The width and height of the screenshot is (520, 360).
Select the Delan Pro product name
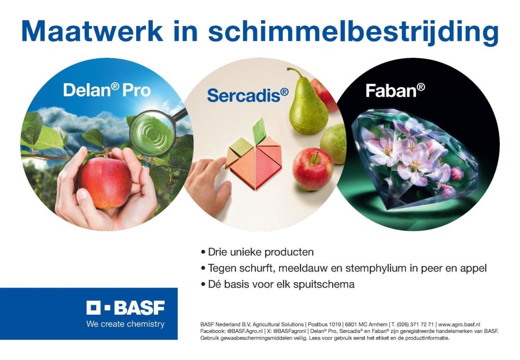click(x=107, y=90)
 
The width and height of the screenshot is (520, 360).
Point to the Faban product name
click(x=395, y=90)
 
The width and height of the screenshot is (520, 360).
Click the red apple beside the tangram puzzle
click(x=313, y=169)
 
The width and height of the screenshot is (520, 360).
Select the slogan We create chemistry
click(x=125, y=324)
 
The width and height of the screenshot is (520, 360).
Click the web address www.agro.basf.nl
click(x=459, y=324)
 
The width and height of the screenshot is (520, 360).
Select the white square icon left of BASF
click(x=94, y=308)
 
